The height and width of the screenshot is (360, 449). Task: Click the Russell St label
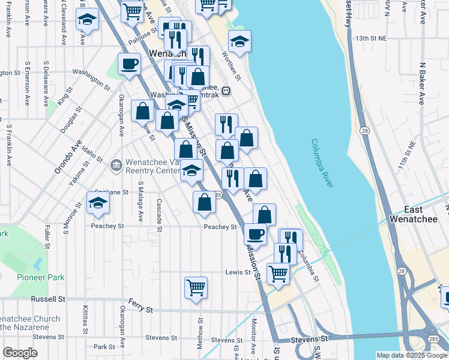48,299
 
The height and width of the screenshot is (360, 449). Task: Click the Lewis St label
237,272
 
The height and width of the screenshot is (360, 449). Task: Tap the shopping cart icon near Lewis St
278,273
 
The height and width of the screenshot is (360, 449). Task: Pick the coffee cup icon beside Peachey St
256,233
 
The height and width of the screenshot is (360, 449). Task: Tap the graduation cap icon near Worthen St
240,41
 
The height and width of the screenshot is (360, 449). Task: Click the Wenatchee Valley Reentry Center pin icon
116,164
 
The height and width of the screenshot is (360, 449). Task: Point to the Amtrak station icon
226,91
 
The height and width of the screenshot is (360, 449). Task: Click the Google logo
20,353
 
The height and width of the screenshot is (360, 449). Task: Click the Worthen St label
231,66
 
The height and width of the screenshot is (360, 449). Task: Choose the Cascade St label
159,214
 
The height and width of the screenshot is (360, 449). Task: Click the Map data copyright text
412,355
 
